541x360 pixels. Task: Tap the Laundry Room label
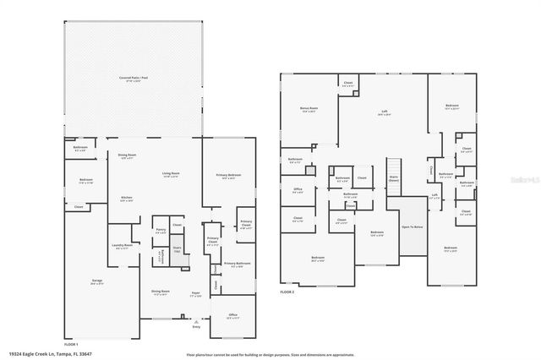click(122, 247)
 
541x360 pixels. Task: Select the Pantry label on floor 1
click(160, 231)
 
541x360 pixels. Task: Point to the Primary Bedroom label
click(227, 177)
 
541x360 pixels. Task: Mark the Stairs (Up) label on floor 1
click(178, 251)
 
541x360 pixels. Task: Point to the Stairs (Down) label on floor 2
click(392, 179)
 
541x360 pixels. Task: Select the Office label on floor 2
click(298, 190)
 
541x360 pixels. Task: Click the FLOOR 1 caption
click(71, 345)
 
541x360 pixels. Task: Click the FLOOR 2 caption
click(287, 291)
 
